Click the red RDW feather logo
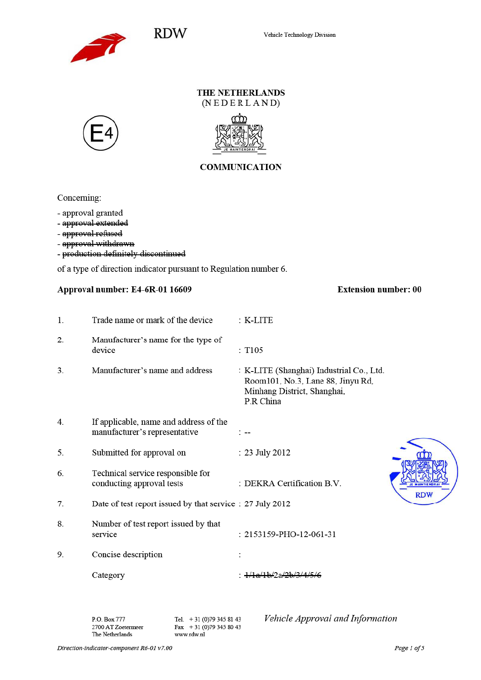tap(98, 48)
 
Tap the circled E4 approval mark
tap(101, 133)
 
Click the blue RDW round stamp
tap(424, 471)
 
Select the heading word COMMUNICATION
tap(240, 167)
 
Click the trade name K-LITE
tap(259, 320)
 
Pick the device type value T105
tap(254, 350)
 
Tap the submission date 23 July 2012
tap(267, 453)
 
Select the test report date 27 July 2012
tap(267, 504)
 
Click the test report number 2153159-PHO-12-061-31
tap(290, 534)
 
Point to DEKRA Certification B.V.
tap(293, 483)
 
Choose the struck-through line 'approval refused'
tap(92, 233)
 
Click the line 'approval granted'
tap(92, 213)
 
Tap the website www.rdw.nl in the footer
tap(190, 634)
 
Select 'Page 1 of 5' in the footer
tap(409, 648)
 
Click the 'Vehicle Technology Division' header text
tap(300, 35)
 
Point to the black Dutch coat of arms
tap(239, 134)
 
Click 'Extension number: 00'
tap(379, 290)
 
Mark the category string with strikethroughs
tap(283, 575)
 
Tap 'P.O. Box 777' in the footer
tap(108, 619)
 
